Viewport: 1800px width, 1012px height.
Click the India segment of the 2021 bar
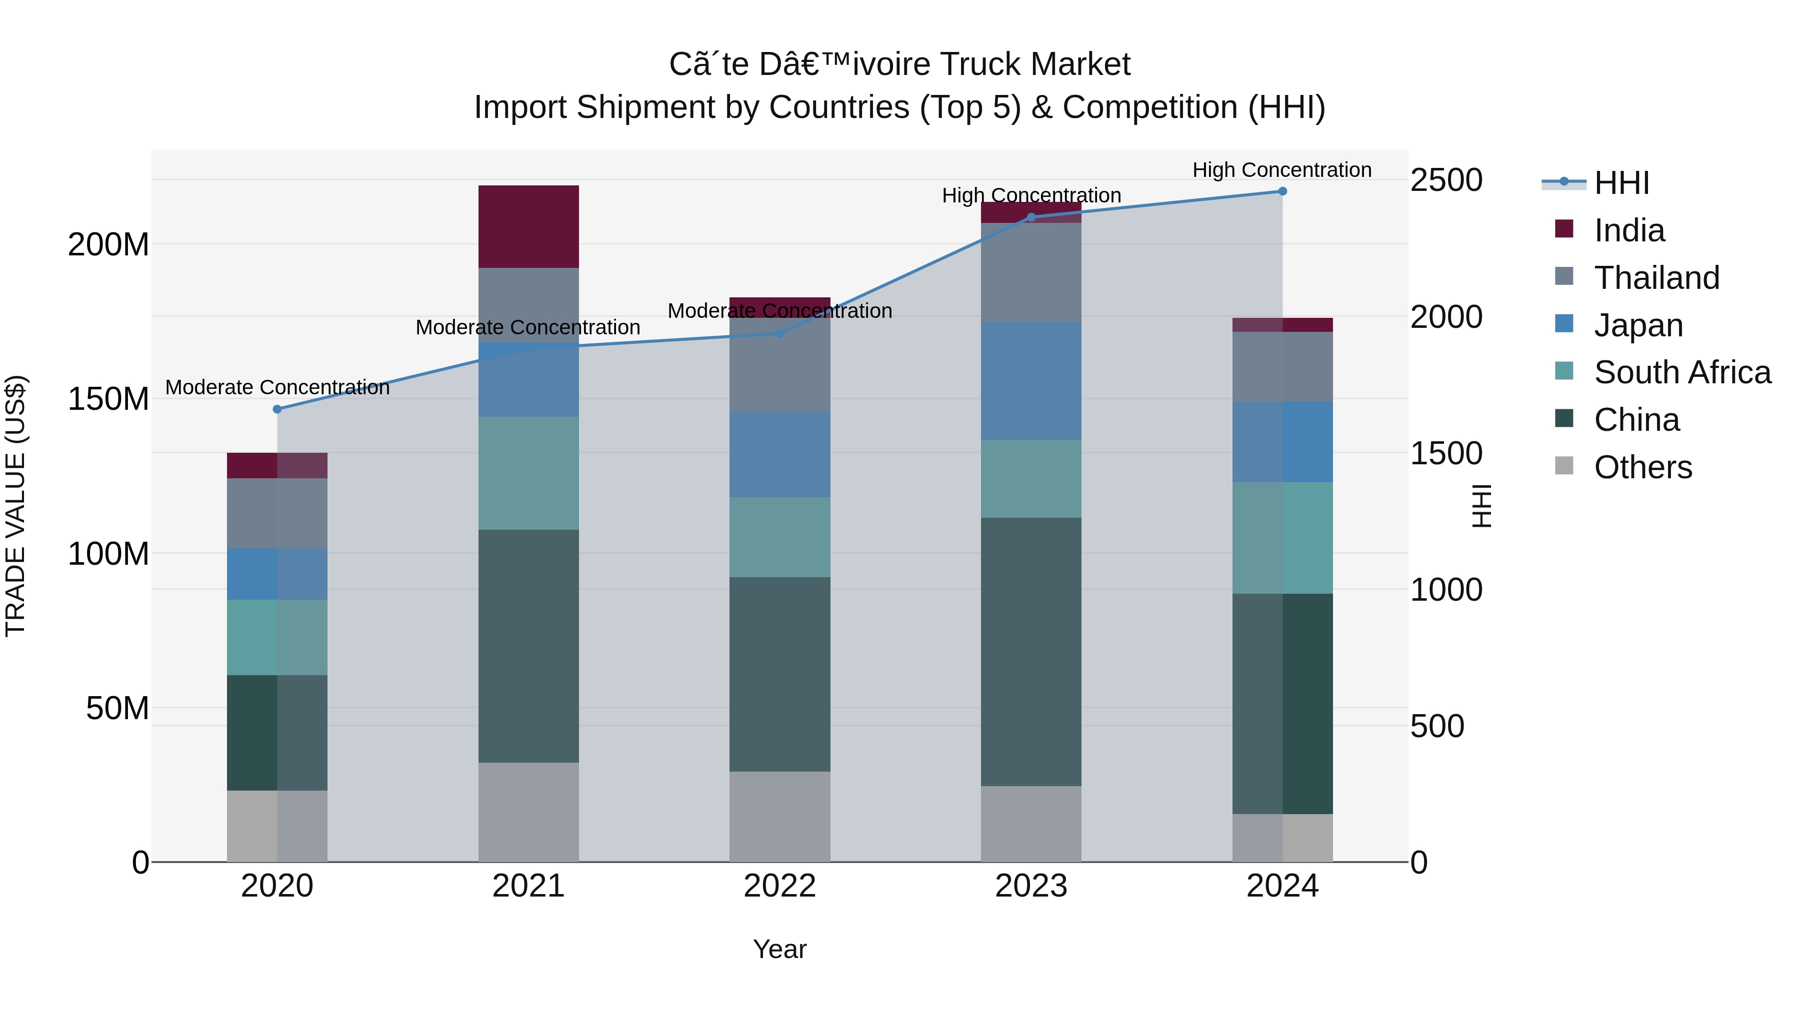pyautogui.click(x=528, y=226)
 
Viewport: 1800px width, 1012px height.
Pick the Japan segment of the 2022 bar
pyautogui.click(x=780, y=455)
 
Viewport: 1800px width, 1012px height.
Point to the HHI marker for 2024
pyautogui.click(x=1282, y=191)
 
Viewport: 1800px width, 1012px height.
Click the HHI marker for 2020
pyautogui.click(x=277, y=409)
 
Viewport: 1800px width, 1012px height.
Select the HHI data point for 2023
pyautogui.click(x=1030, y=217)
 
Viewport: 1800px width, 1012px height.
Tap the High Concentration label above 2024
pyautogui.click(x=1281, y=170)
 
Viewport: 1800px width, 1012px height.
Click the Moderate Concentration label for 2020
pyautogui.click(x=277, y=388)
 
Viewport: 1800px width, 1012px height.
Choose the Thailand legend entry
pyautogui.click(x=1656, y=278)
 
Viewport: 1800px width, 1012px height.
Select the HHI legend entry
pyautogui.click(x=1621, y=183)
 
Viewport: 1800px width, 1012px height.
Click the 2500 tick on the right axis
pyautogui.click(x=1445, y=180)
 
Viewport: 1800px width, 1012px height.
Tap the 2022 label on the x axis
pyautogui.click(x=780, y=886)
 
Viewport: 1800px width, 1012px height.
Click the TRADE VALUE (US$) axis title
pyautogui.click(x=15, y=506)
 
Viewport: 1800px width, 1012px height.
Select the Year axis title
pyautogui.click(x=780, y=949)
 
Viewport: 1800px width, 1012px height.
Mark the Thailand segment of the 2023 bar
pyautogui.click(x=1030, y=272)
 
